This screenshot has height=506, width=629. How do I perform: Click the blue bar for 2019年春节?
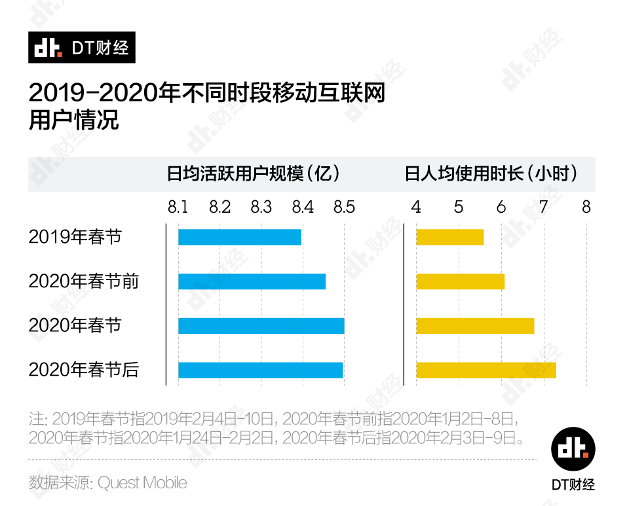239,237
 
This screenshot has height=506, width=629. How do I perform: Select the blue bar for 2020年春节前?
252,281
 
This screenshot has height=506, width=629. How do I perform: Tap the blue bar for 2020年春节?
261,325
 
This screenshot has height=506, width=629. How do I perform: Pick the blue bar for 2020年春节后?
260,370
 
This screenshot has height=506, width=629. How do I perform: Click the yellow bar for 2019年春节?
449,237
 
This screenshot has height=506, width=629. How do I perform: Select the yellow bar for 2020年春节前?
460,281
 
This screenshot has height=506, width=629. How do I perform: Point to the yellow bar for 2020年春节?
475,325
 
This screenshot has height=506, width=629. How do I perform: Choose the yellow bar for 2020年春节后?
486,370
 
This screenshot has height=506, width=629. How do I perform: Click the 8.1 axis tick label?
178,208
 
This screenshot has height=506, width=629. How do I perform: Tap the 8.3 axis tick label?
261,208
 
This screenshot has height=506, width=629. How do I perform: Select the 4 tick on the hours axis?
416,208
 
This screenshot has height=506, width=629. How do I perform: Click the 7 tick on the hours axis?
543,208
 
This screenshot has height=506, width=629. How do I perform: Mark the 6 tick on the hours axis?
501,208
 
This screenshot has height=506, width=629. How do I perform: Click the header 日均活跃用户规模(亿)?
254,174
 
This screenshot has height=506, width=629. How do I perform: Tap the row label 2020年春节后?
83,370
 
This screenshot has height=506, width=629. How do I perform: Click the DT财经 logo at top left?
81,47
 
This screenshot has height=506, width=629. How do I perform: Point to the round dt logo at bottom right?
573,450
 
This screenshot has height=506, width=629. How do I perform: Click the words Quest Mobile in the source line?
142,483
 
